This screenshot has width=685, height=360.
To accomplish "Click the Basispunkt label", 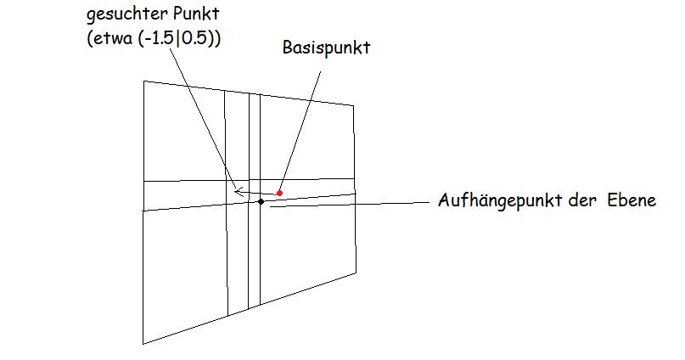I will (x=327, y=48).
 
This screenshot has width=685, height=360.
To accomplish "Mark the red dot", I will (x=279, y=193).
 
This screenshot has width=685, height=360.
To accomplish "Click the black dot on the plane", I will (x=261, y=201).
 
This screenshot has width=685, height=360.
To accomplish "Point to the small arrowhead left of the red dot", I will (x=239, y=192).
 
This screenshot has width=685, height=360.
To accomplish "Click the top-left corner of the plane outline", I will (x=143, y=82).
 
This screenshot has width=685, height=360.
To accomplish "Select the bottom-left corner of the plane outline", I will (x=143, y=343).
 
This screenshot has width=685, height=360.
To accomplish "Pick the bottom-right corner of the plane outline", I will (x=356, y=274).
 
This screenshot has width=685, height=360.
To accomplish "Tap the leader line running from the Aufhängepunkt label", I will (x=348, y=203).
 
